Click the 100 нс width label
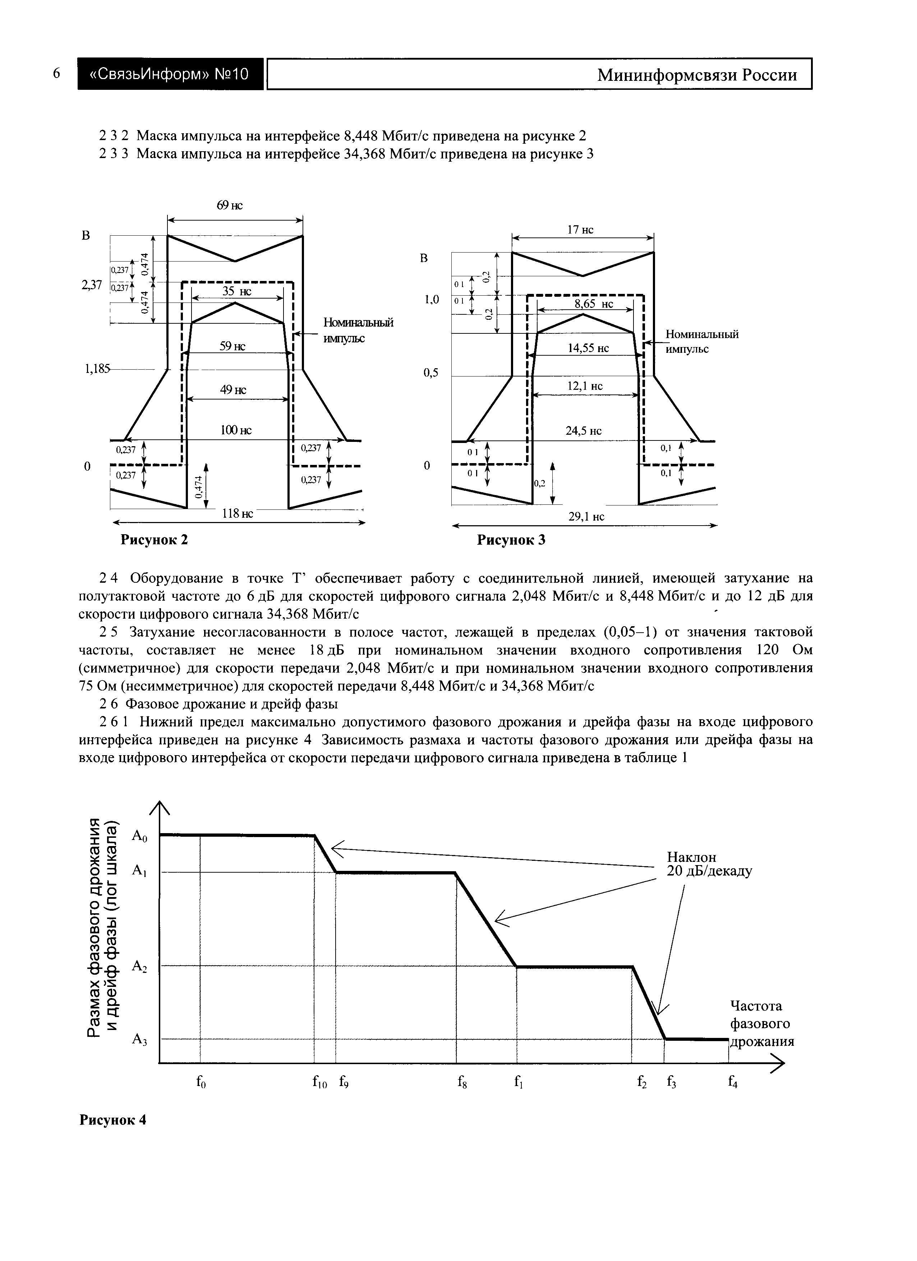click(236, 430)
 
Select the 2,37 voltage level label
click(92, 285)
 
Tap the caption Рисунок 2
click(155, 539)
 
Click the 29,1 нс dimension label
click(586, 517)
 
